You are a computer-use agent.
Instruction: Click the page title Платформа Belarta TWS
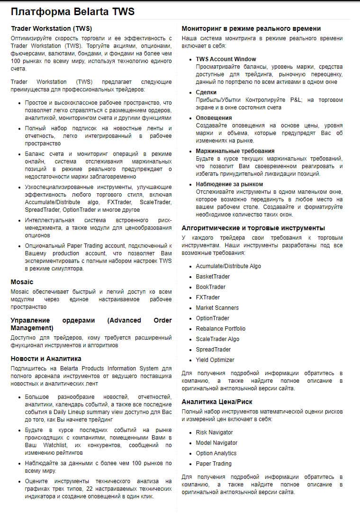(72, 12)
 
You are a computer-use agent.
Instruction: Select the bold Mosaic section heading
(22, 282)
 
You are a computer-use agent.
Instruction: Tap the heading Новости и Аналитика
(46, 359)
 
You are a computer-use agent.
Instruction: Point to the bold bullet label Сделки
(206, 92)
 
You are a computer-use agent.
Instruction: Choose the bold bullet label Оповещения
(214, 117)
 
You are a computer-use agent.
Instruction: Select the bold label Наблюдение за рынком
(229, 184)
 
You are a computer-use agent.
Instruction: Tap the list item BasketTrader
(213, 276)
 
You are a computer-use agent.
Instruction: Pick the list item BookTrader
(211, 287)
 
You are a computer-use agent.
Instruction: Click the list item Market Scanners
(217, 307)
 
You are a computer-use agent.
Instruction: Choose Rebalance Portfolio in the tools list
(221, 328)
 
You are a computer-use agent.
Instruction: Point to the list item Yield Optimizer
(215, 360)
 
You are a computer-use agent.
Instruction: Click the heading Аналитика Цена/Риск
(217, 402)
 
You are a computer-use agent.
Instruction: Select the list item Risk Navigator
(215, 432)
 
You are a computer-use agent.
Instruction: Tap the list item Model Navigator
(216, 442)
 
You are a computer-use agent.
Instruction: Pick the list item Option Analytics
(216, 453)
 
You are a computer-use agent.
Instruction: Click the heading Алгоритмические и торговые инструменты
(253, 228)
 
